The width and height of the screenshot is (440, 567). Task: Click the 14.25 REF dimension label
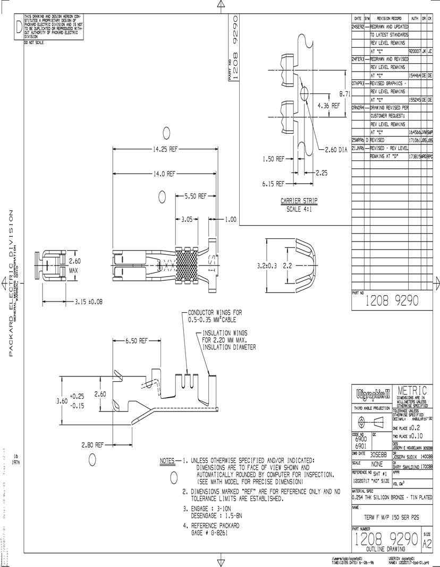[165, 150]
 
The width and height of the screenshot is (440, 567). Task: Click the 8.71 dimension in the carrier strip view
[344, 93]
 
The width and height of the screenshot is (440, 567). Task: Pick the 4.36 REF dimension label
[328, 106]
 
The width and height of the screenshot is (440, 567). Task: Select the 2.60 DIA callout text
[336, 150]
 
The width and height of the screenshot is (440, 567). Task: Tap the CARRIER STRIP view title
[299, 201]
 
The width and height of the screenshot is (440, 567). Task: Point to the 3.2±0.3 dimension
[268, 264]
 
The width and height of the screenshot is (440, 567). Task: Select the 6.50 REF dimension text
[137, 341]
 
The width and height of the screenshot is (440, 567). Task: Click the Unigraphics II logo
[371, 394]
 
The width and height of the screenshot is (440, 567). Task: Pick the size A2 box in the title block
[427, 540]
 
